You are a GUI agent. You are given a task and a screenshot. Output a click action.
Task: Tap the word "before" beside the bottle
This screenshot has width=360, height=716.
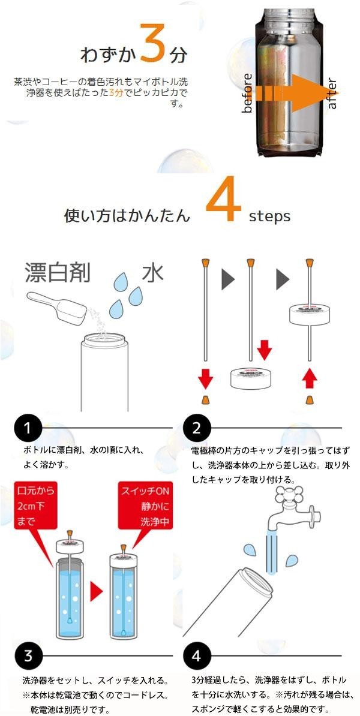(x=247, y=93)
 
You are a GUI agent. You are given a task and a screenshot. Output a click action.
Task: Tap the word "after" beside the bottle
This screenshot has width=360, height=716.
(x=332, y=94)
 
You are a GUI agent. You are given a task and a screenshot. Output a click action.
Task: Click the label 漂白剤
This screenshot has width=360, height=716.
(x=58, y=273)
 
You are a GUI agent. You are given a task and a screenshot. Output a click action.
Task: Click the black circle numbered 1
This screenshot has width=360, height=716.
(x=28, y=428)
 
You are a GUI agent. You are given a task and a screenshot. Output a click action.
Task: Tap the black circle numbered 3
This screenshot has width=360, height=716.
(x=28, y=655)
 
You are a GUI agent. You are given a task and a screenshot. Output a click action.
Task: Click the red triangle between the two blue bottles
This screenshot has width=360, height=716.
(x=97, y=592)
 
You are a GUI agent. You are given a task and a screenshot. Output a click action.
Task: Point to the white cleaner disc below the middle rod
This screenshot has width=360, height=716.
(x=249, y=378)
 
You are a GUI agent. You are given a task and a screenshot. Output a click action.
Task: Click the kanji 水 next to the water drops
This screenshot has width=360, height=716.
(x=153, y=273)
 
